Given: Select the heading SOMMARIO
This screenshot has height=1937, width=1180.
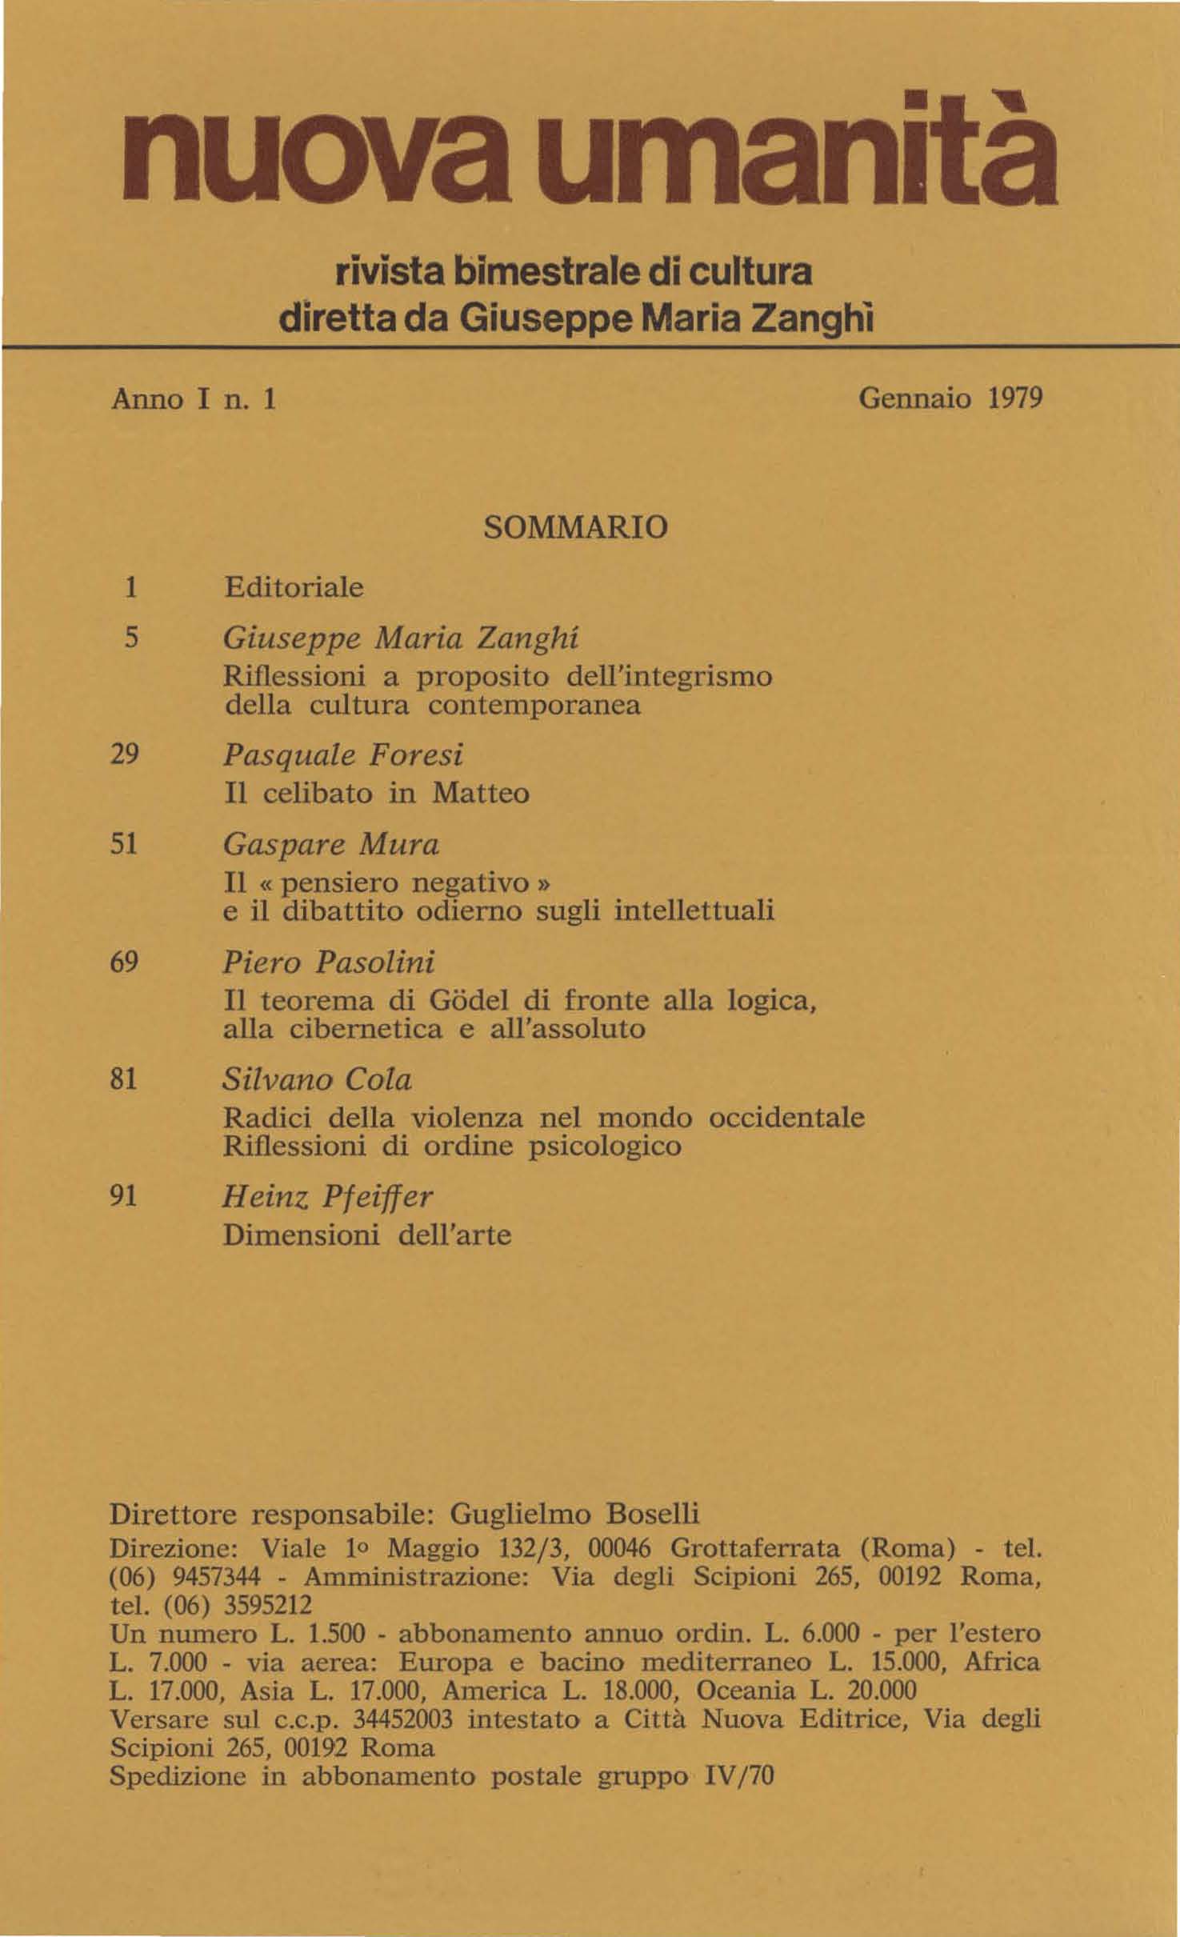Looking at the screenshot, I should tap(575, 528).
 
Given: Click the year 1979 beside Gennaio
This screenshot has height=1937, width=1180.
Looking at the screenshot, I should tap(1014, 398).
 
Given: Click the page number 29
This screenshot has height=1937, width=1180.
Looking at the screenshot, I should tap(125, 754).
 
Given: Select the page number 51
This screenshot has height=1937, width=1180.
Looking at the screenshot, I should tap(125, 844).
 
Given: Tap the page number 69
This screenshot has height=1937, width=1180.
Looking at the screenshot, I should tap(125, 962).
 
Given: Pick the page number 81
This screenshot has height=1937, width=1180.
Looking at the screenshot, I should tap(125, 1080).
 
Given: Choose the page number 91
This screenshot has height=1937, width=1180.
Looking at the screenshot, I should tap(125, 1195).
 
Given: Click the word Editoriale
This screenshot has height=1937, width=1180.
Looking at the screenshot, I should tap(293, 588).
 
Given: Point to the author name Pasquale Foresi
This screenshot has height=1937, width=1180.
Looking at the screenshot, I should tap(343, 756).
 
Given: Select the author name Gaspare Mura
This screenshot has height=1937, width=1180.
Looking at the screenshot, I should tap(331, 846).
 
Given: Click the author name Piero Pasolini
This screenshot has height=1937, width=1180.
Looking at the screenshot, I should tap(328, 962).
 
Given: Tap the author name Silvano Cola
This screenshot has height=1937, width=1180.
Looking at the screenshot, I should tap(317, 1081).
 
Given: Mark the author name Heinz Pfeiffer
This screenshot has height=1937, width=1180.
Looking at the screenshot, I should tap(328, 1197).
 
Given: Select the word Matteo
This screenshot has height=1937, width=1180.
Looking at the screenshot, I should tap(481, 794).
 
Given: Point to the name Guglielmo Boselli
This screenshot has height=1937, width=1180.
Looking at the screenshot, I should tap(575, 1515).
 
